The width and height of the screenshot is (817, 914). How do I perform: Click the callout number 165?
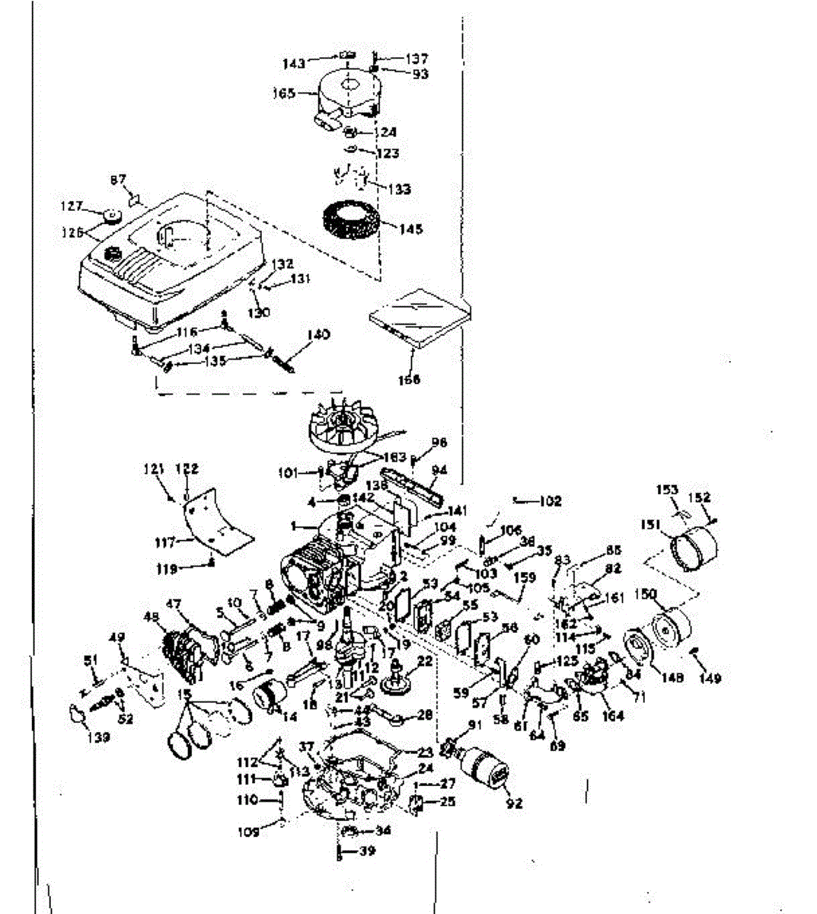coord(283,94)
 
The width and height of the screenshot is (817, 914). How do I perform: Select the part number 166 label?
coord(408,379)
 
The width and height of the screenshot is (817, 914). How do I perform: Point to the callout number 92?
coord(515,803)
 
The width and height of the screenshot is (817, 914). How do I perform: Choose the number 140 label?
coord(319,334)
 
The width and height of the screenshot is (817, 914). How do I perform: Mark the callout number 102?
coord(550,501)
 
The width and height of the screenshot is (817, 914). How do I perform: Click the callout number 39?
coord(366,851)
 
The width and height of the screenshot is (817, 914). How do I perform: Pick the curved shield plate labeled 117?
coord(219,518)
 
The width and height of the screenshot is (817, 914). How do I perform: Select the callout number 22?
coord(425,661)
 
